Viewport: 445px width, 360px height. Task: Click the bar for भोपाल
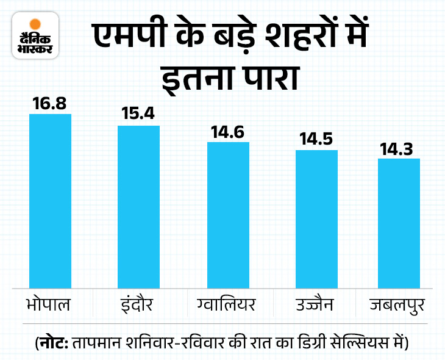point(50,201)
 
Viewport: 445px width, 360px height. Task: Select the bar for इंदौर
point(138,207)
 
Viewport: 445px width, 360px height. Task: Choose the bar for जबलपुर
point(399,223)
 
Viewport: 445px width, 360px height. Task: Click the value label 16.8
point(50,104)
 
